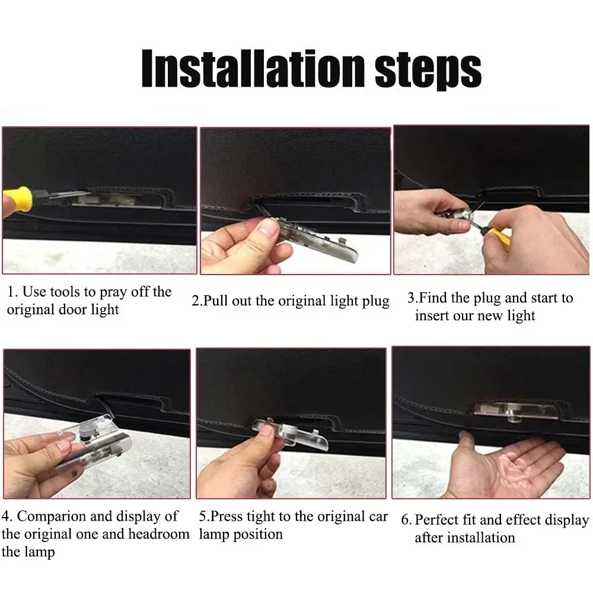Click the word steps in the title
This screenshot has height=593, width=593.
tap(428, 71)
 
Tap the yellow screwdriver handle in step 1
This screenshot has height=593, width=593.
tap(17, 199)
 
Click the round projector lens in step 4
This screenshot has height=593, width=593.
tap(85, 432)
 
